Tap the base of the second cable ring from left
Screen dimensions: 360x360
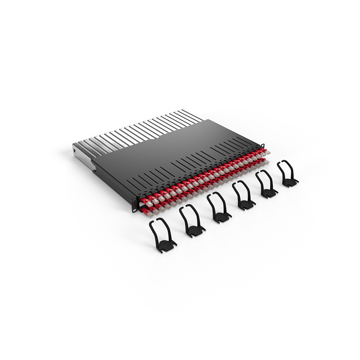point(194,231)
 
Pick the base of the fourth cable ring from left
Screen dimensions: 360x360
point(246,205)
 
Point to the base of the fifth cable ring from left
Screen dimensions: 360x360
point(269,193)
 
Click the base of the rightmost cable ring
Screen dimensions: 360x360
point(289,182)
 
